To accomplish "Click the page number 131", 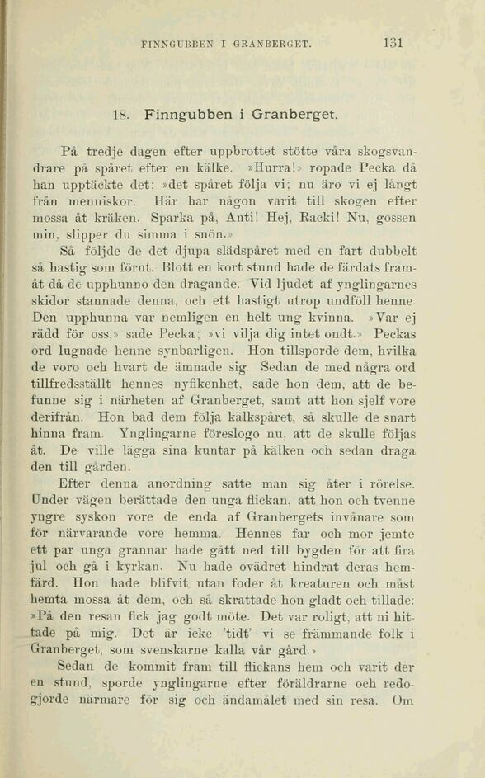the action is pos(393,43).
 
